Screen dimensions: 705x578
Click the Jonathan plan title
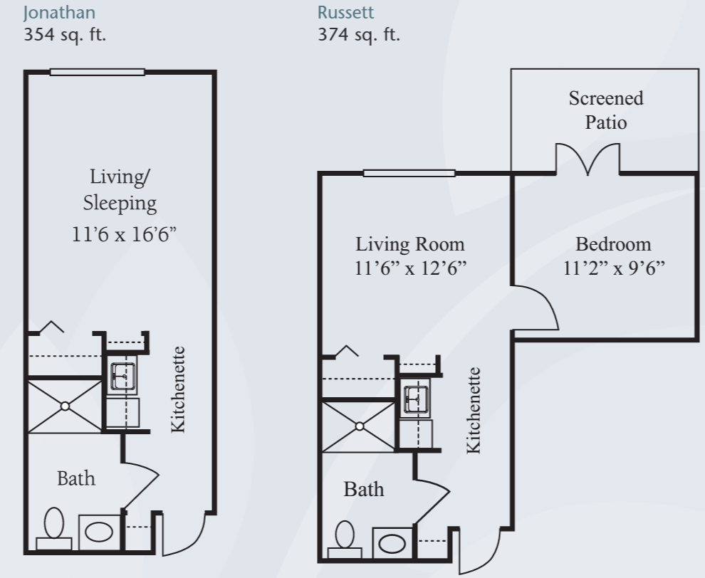click(x=59, y=13)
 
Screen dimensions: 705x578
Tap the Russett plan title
click(x=345, y=13)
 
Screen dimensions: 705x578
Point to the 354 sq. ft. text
click(x=65, y=35)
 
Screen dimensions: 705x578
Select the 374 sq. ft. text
click(x=359, y=35)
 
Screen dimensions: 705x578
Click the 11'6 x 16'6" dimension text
click(x=124, y=234)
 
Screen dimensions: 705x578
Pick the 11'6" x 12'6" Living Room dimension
click(x=410, y=268)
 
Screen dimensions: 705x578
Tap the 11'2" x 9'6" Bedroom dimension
click(x=614, y=268)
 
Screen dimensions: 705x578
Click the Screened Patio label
click(x=606, y=110)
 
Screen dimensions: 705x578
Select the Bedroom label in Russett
click(x=613, y=244)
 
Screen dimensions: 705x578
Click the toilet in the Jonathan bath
click(x=54, y=528)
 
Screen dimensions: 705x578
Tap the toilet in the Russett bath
click(x=345, y=540)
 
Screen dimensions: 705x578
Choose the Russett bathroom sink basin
click(x=392, y=543)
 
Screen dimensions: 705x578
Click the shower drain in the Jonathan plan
click(x=66, y=406)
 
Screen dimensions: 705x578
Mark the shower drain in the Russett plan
click(x=360, y=426)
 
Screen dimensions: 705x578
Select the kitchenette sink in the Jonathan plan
click(x=122, y=376)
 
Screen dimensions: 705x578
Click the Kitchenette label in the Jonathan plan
click(x=179, y=389)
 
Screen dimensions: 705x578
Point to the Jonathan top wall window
click(x=97, y=72)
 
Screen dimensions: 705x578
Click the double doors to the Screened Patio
click(x=588, y=159)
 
